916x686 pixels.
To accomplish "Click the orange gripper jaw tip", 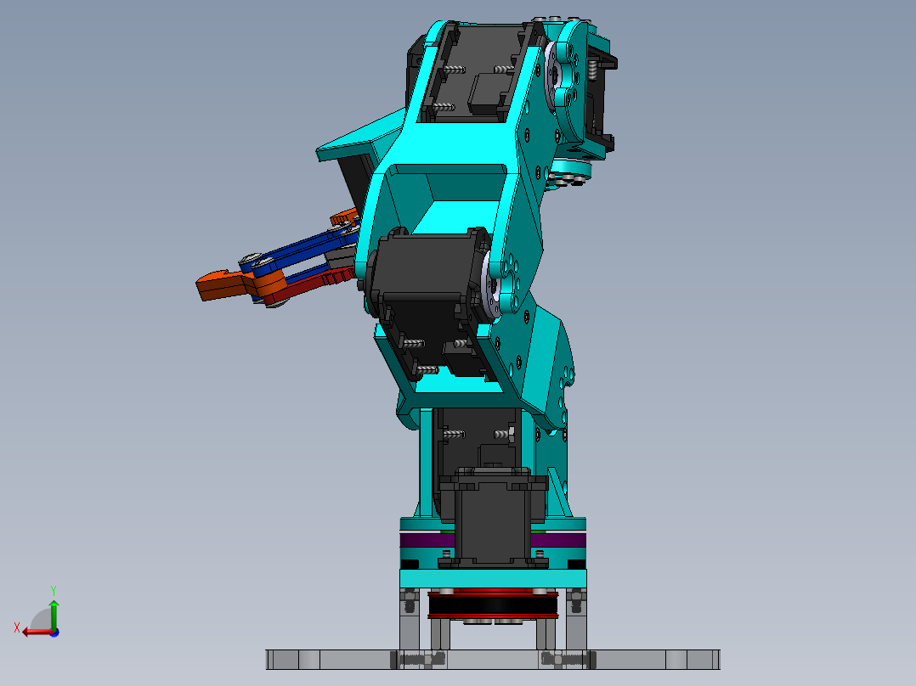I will (x=214, y=286).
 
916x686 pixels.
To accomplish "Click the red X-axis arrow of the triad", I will (x=34, y=632).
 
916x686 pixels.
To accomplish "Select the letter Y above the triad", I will (x=54, y=589).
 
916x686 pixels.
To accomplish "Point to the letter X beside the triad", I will (x=16, y=627).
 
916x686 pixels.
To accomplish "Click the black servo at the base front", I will (x=494, y=518).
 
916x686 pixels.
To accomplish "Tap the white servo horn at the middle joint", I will (x=491, y=287).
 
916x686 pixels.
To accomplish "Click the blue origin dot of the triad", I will (x=54, y=632).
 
